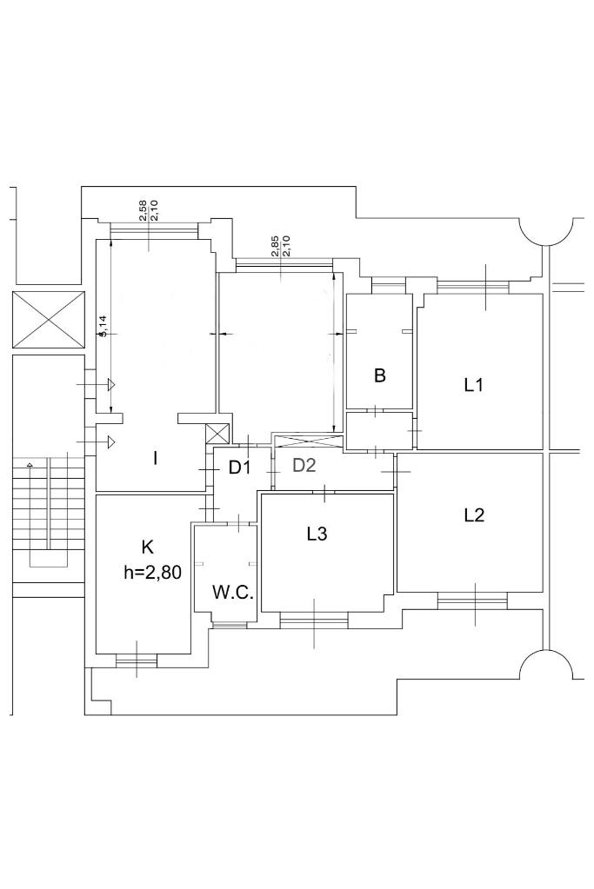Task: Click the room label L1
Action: [473, 386]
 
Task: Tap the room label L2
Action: [474, 515]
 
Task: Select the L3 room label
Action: [317, 534]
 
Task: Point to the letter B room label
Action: [380, 375]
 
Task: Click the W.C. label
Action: [232, 593]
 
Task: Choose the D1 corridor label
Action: [239, 468]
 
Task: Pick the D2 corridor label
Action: [304, 466]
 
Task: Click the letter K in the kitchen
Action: [147, 547]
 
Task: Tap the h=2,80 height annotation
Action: [152, 573]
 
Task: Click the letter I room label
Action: [155, 458]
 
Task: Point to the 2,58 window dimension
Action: [143, 210]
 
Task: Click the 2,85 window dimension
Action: [275, 246]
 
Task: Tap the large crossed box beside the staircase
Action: [48, 320]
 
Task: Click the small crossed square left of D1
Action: [217, 435]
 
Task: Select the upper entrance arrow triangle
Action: [112, 384]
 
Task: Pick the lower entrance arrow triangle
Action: [112, 441]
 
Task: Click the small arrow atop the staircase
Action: [29, 465]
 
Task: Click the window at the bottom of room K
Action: [137, 660]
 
